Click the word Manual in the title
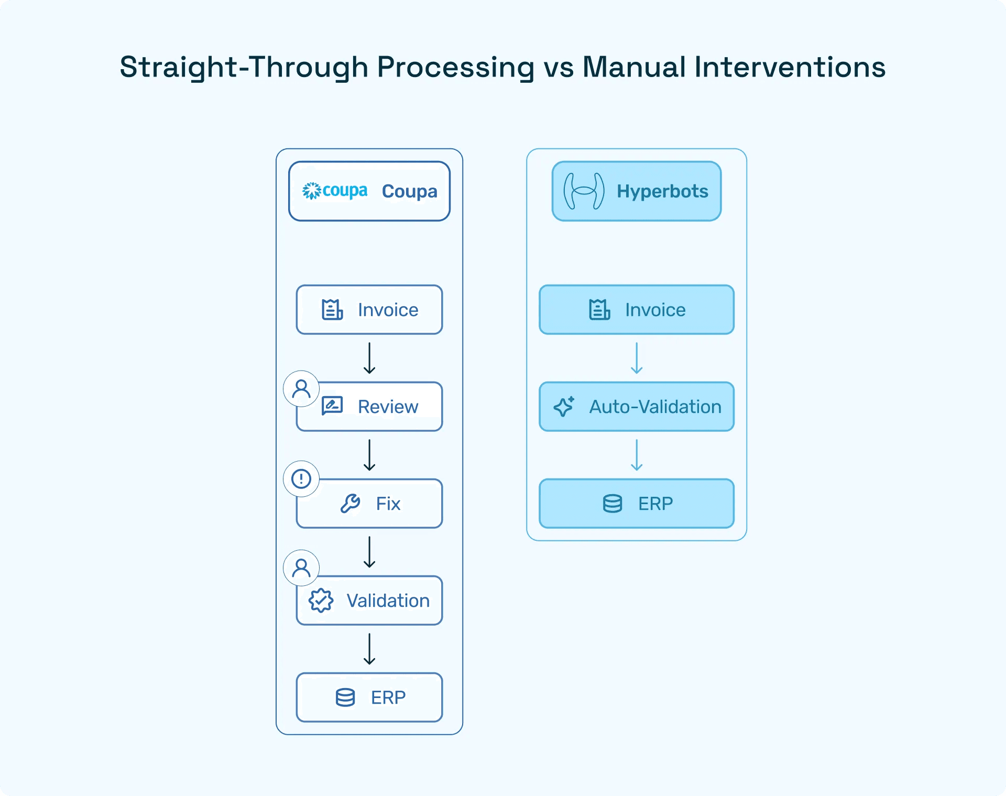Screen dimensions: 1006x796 (634, 67)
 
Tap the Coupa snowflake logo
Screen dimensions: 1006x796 (311, 191)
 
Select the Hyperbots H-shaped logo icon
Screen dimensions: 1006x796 (584, 191)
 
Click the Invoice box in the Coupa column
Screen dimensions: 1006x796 (369, 310)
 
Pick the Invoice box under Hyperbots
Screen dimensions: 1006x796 (637, 310)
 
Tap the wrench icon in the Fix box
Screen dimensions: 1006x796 (350, 504)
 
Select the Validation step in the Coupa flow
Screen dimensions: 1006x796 (369, 601)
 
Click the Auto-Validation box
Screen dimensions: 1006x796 (637, 407)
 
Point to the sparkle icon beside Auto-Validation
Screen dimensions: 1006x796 (564, 407)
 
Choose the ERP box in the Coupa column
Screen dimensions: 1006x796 (369, 697)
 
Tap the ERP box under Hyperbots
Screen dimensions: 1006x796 (637, 504)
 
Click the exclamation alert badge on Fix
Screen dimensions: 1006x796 (301, 478)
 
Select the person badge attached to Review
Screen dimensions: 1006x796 (301, 389)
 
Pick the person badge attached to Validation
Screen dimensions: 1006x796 (301, 568)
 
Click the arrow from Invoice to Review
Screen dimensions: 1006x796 (369, 358)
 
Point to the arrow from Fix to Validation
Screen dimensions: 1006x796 (369, 552)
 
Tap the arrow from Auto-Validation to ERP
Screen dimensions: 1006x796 (637, 455)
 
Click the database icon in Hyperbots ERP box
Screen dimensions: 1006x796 (612, 504)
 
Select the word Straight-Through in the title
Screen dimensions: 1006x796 (244, 67)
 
